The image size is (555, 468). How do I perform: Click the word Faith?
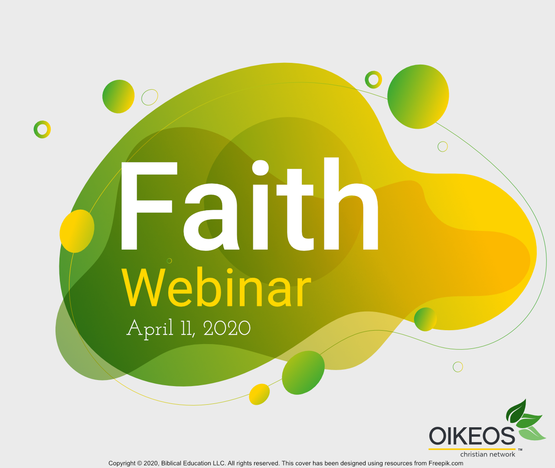tap(249, 206)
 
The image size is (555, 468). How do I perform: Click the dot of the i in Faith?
tap(261, 168)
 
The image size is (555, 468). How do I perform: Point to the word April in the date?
tap(150, 328)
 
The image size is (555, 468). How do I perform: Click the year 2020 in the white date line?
tap(227, 328)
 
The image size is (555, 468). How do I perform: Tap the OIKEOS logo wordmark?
tap(472, 436)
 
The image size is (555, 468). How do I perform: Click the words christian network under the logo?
tap(487, 455)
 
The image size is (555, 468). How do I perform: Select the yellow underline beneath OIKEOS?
tap(472, 449)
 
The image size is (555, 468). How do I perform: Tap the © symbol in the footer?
tap(140, 463)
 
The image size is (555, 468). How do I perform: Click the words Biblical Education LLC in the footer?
tap(193, 463)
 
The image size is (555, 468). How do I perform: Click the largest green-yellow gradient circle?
tap(418, 97)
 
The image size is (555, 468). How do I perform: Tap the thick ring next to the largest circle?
tap(373, 80)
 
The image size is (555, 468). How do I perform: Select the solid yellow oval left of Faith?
tap(77, 231)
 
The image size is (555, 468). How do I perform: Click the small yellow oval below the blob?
tap(259, 394)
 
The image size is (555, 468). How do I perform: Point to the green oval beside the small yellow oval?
tap(303, 373)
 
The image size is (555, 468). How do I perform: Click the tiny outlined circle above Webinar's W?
tap(170, 260)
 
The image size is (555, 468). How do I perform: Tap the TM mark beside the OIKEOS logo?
tap(520, 450)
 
